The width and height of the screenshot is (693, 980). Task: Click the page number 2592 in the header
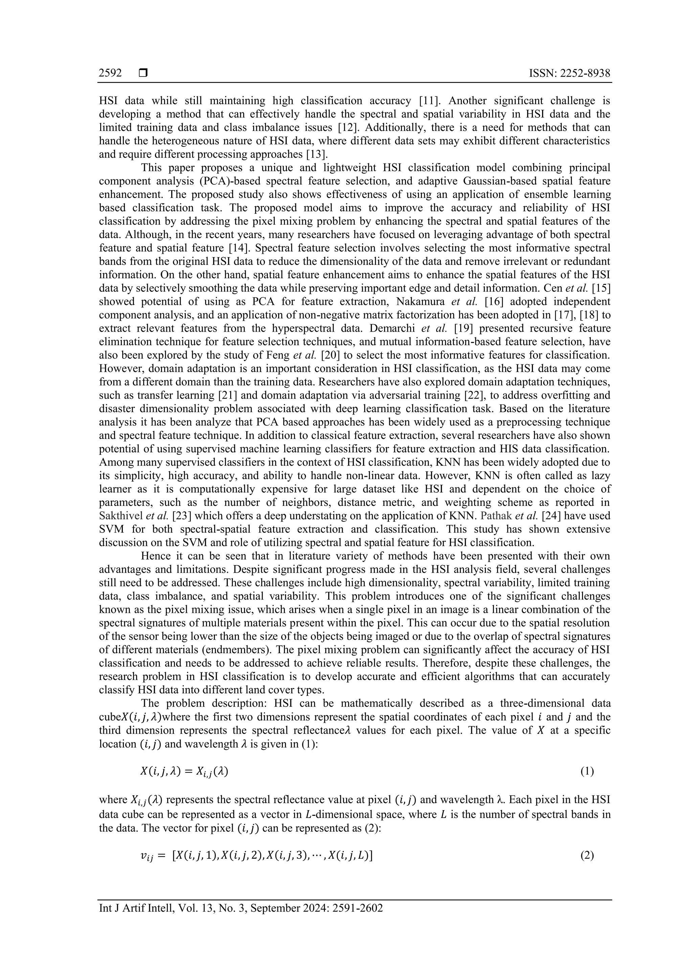(x=110, y=73)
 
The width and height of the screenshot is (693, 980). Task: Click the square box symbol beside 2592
(x=143, y=73)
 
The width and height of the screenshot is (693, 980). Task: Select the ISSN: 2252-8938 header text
(x=570, y=73)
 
